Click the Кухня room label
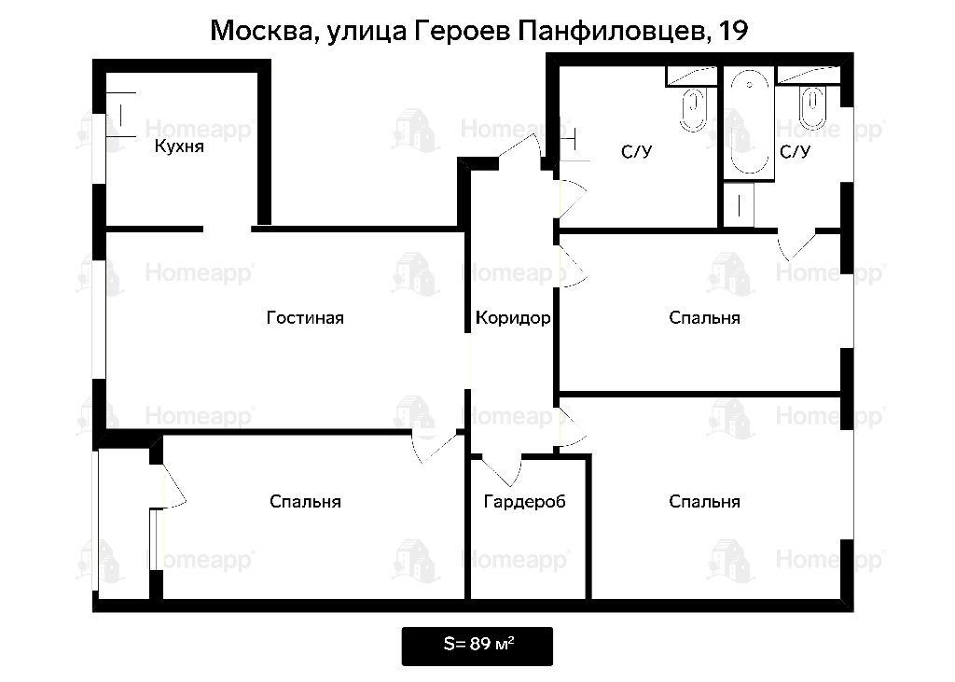[179, 146]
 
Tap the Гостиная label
[305, 317]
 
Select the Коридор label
[513, 317]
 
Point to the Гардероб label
[524, 502]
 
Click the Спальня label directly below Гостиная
[305, 502]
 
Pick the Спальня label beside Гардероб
[704, 502]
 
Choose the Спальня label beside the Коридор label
[704, 317]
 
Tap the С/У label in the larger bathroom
[636, 151]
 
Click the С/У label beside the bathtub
[795, 151]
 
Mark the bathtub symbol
[749, 122]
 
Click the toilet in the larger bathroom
[693, 110]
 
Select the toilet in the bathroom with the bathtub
[812, 106]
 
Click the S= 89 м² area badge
[477, 646]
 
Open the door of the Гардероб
[502, 470]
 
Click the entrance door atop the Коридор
[519, 148]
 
